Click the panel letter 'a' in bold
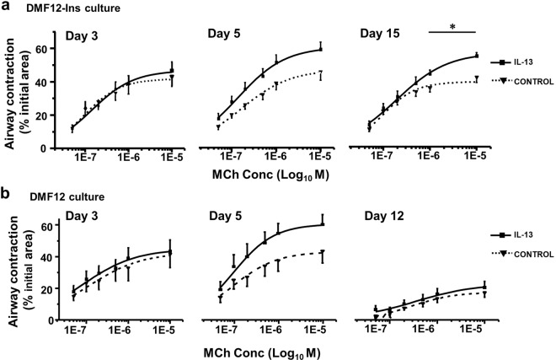[6, 8]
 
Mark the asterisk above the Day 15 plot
[452, 26]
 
